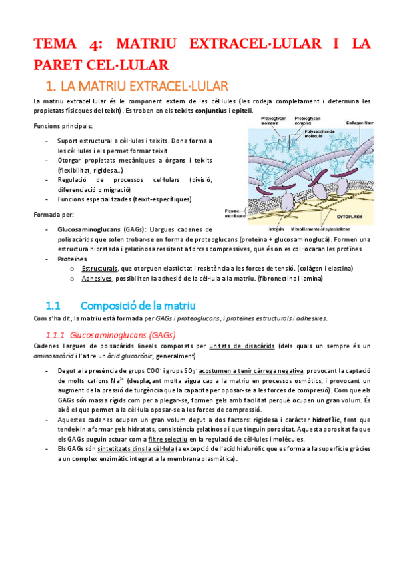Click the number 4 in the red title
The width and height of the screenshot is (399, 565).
click(93, 45)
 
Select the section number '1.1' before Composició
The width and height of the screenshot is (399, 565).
click(53, 306)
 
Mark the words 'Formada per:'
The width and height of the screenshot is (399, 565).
click(54, 215)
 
